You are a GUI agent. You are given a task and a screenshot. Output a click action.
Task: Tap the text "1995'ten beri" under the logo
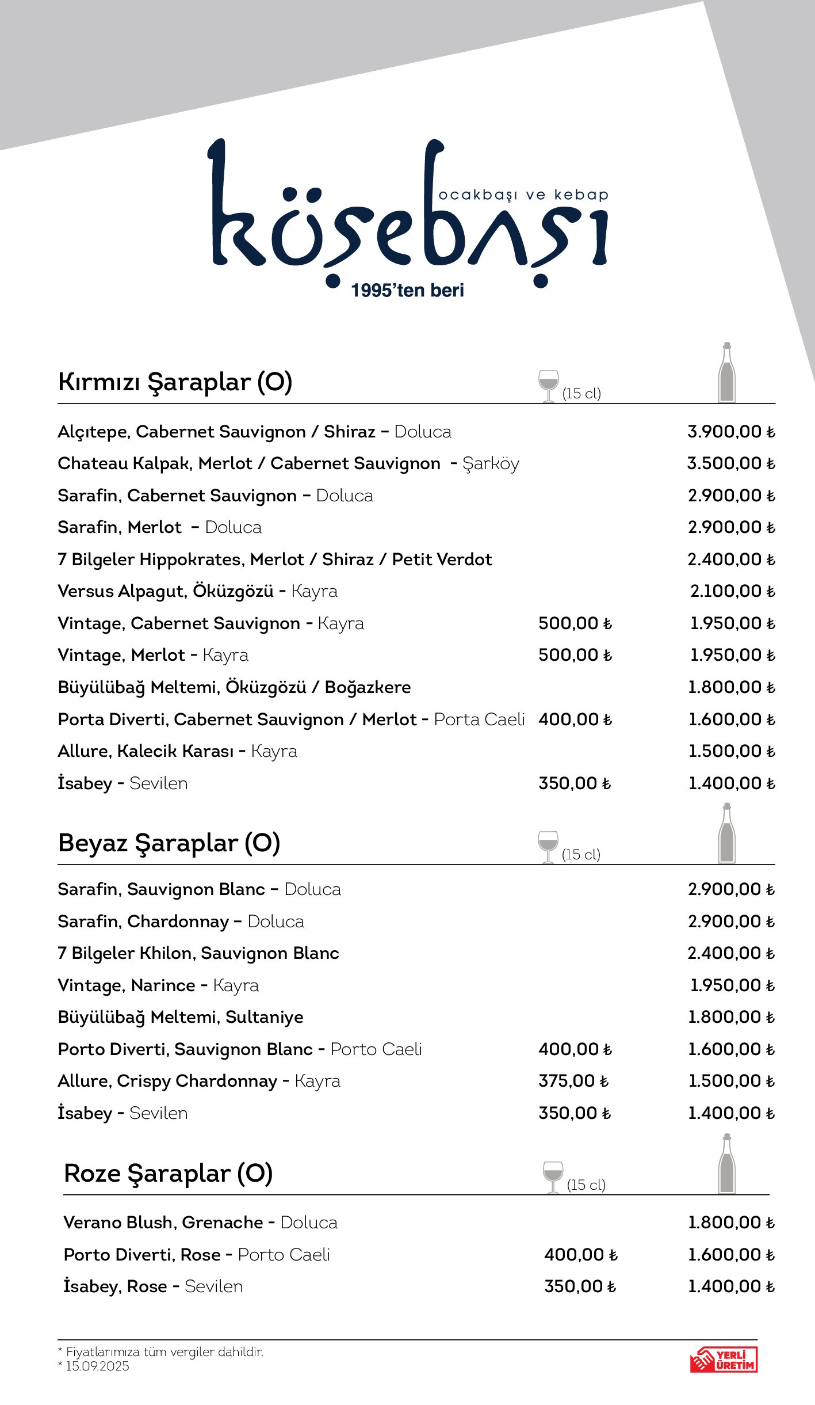click(407, 291)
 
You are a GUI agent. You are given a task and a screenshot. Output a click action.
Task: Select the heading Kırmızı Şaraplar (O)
click(175, 382)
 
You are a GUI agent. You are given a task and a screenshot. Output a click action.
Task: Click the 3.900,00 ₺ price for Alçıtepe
click(731, 432)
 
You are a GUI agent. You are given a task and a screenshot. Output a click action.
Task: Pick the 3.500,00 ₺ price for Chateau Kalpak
click(731, 463)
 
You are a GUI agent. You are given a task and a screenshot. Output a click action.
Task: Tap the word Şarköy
click(491, 464)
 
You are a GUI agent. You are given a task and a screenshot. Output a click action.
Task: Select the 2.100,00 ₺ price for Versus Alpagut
click(732, 591)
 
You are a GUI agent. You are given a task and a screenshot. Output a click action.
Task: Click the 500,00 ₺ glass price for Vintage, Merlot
click(575, 655)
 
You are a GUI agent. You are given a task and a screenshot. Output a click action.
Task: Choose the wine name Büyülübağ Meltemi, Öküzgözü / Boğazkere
click(234, 687)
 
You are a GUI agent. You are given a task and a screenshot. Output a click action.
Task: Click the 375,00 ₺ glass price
click(573, 1081)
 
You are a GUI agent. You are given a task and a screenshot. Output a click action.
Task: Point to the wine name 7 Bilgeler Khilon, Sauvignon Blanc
click(198, 953)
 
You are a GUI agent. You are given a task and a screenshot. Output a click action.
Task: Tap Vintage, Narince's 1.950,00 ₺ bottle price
click(732, 985)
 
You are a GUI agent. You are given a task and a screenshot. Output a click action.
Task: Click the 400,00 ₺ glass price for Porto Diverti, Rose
click(580, 1255)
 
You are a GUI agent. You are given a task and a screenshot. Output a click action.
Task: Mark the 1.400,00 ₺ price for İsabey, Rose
click(731, 1286)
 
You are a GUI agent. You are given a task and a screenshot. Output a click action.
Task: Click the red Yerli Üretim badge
click(724, 1360)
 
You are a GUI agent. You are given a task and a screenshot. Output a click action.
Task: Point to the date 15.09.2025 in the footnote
click(97, 1366)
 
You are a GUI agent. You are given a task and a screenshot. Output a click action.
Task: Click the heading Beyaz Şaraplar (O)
click(169, 843)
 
